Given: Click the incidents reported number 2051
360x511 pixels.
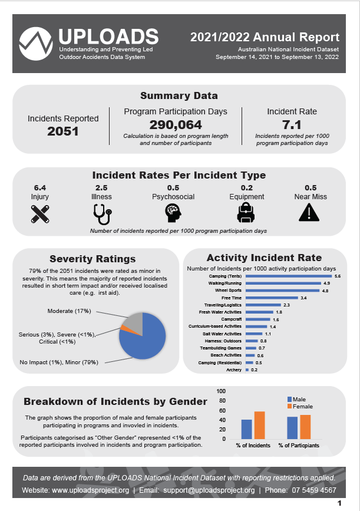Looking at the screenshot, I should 63,131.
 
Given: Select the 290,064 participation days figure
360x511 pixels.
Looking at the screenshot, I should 176,124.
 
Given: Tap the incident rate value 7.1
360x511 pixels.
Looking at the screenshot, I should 292,124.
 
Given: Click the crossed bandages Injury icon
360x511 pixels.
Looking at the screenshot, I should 40,213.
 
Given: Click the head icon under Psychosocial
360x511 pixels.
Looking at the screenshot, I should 173,212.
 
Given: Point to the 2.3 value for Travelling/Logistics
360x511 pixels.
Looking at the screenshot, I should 286,305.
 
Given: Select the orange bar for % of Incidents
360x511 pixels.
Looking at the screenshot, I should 259,425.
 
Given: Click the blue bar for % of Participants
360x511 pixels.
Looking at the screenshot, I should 292,428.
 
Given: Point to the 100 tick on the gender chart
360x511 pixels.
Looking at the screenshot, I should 222,391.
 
